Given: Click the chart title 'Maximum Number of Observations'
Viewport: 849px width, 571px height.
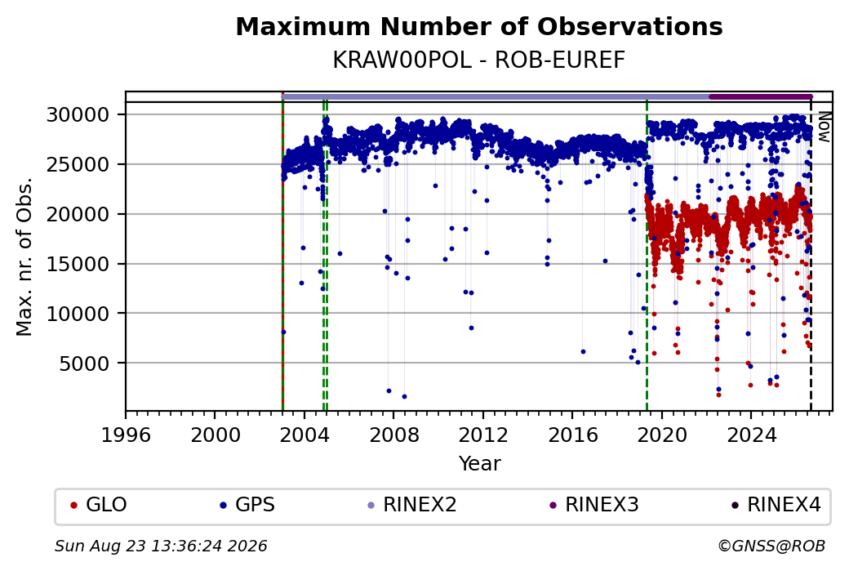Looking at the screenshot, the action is click(479, 26).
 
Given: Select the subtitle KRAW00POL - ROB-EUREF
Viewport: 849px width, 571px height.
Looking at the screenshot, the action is click(479, 60).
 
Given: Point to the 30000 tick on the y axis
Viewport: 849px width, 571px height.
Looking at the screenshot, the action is click(78, 115).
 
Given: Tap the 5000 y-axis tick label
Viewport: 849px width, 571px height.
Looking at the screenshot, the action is click(84, 364).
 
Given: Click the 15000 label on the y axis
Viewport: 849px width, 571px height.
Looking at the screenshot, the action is click(78, 265).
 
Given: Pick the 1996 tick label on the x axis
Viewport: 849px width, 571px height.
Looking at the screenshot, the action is click(127, 435).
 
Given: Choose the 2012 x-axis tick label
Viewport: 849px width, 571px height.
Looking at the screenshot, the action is click(483, 435).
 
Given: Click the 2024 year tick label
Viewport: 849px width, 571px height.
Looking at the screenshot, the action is click(751, 435).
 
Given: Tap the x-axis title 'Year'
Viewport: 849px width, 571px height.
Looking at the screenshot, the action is click(480, 464).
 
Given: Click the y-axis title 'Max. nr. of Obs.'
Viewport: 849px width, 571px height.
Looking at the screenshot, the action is click(24, 257).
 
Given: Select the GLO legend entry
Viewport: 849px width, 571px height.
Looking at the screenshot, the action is click(99, 505).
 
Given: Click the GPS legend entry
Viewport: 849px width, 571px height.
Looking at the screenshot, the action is click(248, 505).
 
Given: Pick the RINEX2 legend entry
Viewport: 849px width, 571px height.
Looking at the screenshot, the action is click(412, 505).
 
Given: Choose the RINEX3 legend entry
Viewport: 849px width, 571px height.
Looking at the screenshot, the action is click(594, 505).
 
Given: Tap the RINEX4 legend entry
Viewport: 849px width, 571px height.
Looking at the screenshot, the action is click(776, 505).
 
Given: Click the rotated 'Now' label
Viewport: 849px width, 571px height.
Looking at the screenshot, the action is click(824, 127).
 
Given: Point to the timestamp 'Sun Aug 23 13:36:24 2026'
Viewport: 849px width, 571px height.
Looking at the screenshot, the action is click(162, 546).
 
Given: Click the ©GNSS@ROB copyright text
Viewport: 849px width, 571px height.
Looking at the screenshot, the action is click(771, 546).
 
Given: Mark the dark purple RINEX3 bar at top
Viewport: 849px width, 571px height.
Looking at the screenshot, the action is click(760, 97).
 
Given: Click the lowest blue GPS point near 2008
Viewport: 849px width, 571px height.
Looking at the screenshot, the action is click(404, 396).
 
